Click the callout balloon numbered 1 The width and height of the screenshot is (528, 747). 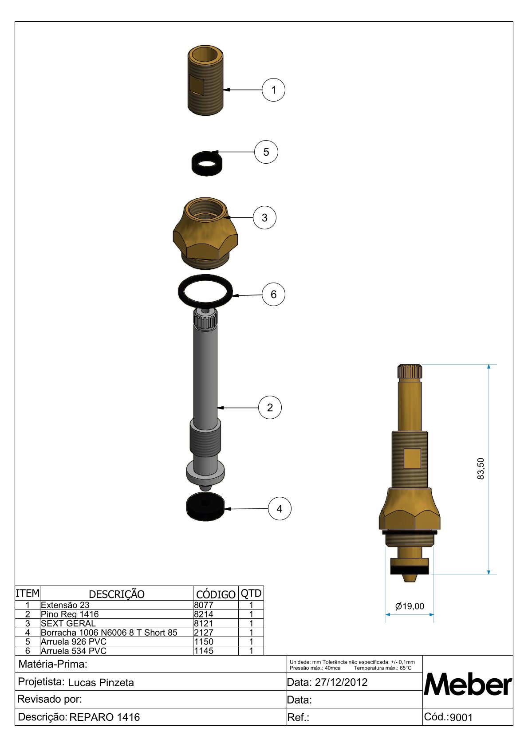click(x=273, y=90)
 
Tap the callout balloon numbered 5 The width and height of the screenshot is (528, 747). click(x=266, y=152)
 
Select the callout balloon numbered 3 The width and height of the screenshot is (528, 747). click(x=264, y=217)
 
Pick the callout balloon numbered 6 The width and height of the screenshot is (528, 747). click(x=273, y=294)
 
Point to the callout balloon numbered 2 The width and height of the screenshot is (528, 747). click(x=270, y=407)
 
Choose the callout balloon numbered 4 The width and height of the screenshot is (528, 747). click(x=280, y=508)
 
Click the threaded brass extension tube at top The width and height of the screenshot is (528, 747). click(x=205, y=81)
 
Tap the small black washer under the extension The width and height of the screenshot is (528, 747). click(x=207, y=163)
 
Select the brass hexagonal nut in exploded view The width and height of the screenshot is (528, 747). click(x=205, y=233)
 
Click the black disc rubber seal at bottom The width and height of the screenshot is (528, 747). click(x=205, y=507)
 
